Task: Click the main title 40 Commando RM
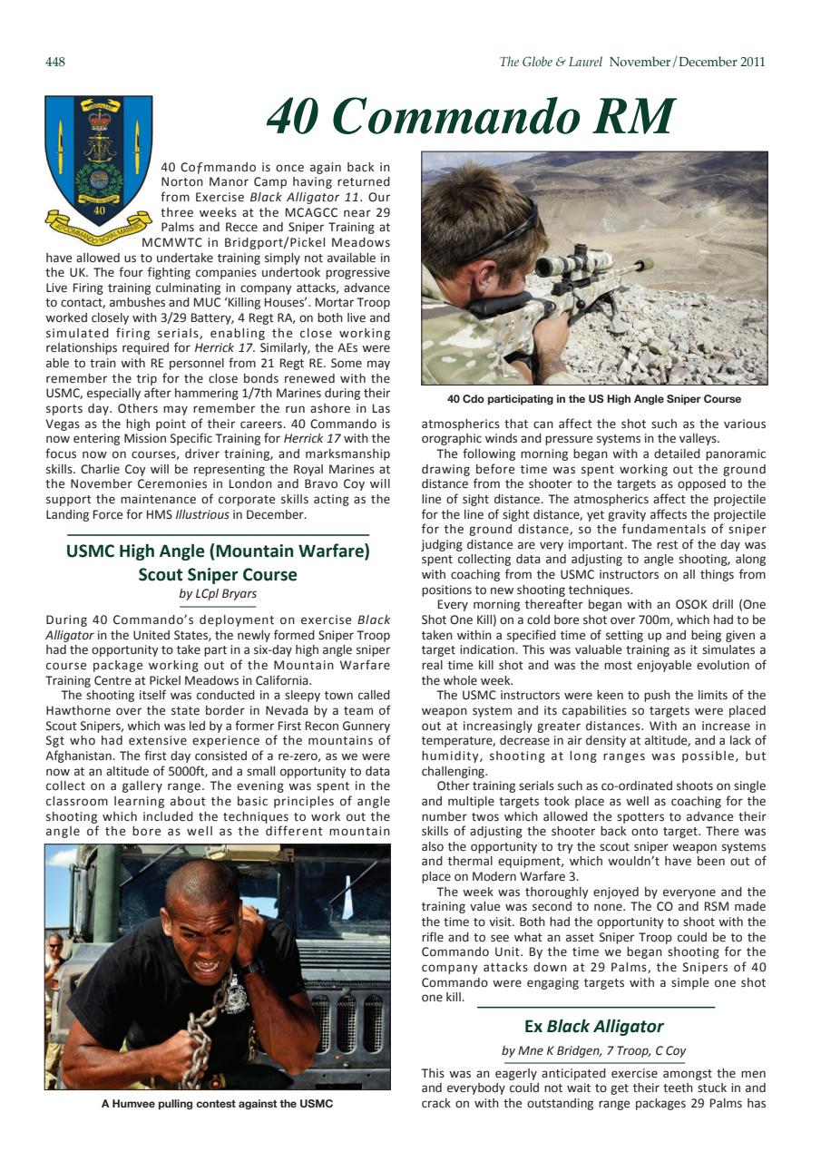click(x=471, y=116)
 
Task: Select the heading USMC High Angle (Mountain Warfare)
click(x=218, y=551)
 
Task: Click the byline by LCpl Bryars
click(x=218, y=594)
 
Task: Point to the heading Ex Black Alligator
click(x=594, y=1026)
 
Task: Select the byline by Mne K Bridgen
click(x=594, y=1050)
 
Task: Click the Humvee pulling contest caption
click(x=217, y=1104)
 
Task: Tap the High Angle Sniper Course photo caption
click(x=594, y=399)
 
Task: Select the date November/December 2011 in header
click(x=687, y=63)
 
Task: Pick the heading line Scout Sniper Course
click(x=218, y=574)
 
